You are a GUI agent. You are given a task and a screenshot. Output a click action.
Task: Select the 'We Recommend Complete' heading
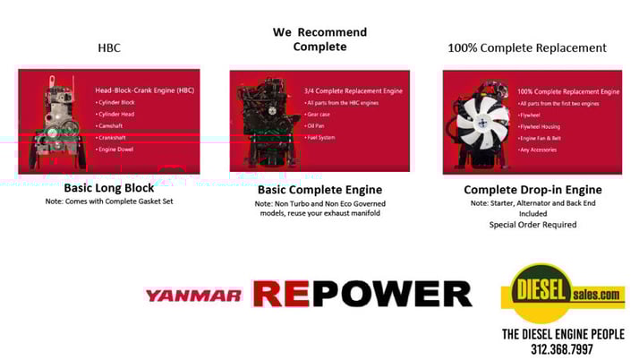tap(319, 39)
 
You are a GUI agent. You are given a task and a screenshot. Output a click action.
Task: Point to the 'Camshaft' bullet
tap(117, 126)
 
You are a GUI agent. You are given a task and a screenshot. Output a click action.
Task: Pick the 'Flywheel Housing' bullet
tap(545, 126)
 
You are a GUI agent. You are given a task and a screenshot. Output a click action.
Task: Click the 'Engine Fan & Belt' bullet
tap(548, 138)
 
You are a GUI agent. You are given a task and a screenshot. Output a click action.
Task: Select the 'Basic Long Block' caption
tap(109, 188)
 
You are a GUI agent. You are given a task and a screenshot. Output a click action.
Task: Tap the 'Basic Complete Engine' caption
tap(319, 189)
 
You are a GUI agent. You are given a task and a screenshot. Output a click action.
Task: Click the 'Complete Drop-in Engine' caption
tap(532, 189)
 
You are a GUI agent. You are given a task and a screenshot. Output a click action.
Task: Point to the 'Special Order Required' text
tap(532, 224)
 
